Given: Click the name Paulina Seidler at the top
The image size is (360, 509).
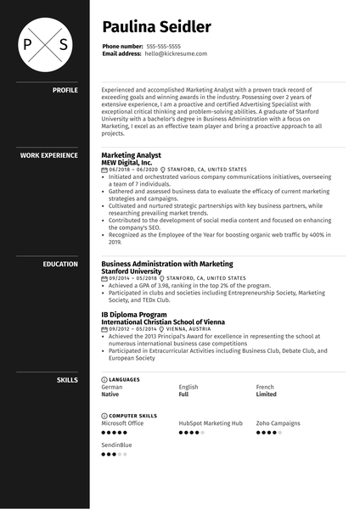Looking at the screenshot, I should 156,27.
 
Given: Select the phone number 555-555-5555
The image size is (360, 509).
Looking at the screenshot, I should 164,46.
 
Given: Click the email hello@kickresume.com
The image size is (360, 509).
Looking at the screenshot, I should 176,53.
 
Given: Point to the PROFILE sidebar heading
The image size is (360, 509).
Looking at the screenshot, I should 65,89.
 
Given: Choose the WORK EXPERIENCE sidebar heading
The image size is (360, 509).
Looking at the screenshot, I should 48,155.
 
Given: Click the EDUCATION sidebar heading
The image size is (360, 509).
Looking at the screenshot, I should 60,264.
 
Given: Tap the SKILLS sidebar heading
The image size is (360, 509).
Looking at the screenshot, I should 67,379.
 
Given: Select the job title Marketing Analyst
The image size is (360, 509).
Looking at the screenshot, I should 131,155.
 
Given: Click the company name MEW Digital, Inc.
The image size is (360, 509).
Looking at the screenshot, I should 127,162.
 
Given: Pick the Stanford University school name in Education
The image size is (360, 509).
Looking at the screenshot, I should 131,271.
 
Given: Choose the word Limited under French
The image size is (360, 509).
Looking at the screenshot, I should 266,394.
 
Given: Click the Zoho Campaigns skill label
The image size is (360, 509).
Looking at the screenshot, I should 278,422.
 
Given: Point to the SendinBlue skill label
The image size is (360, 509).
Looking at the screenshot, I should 116,445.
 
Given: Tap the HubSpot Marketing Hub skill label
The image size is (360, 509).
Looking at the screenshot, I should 211,422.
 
